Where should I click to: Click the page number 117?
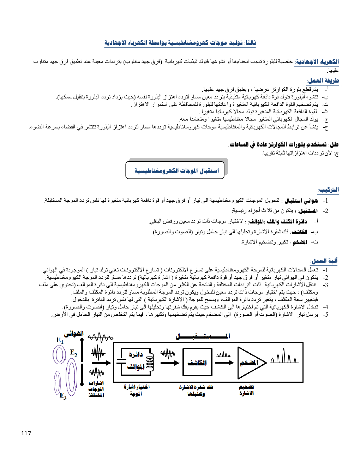(x=26, y=433)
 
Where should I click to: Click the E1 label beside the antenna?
(x=60, y=340)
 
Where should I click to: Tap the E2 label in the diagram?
(x=73, y=352)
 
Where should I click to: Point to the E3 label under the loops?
(x=63, y=396)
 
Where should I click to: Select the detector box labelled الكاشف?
(x=197, y=362)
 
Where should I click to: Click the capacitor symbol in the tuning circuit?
(x=121, y=360)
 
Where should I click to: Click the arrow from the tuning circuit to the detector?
(x=170, y=363)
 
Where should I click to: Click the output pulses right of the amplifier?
(x=284, y=357)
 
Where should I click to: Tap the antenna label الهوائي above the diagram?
(x=74, y=334)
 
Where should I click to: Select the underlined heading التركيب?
(x=329, y=190)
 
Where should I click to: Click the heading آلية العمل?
(x=324, y=261)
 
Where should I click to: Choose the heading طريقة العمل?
(x=323, y=80)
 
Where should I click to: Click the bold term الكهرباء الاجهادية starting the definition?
(x=317, y=62)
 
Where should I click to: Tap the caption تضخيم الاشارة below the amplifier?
(x=246, y=390)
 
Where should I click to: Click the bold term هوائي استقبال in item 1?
(x=301, y=201)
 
